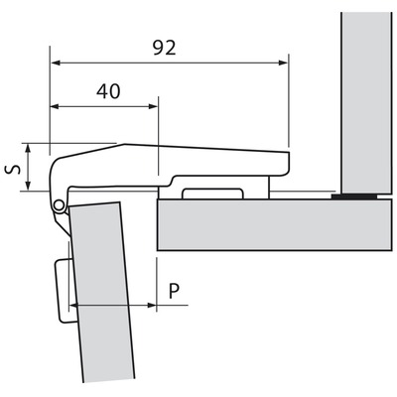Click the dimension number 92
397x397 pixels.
coord(164,49)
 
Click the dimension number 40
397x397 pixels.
coord(108,91)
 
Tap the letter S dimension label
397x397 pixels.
coord(12,170)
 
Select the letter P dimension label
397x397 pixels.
coord(175,291)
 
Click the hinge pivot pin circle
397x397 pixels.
coord(59,205)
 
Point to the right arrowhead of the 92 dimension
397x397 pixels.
coord(283,63)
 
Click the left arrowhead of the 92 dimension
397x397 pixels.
coord(55,63)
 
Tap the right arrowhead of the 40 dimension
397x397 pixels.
coord(153,106)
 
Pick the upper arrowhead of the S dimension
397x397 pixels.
coord(28,148)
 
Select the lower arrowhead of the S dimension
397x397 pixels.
coord(28,186)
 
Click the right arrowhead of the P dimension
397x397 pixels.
coord(152,305)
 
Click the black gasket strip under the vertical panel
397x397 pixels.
coord(354,197)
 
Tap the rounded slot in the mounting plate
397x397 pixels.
coord(212,194)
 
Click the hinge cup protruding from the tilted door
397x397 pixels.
coord(66,291)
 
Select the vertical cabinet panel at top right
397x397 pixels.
coord(366,103)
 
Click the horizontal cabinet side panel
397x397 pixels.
coord(274,224)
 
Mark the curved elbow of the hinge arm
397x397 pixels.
coord(57,169)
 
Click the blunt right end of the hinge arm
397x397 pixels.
coord(289,163)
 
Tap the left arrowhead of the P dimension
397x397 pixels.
coord(73,305)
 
